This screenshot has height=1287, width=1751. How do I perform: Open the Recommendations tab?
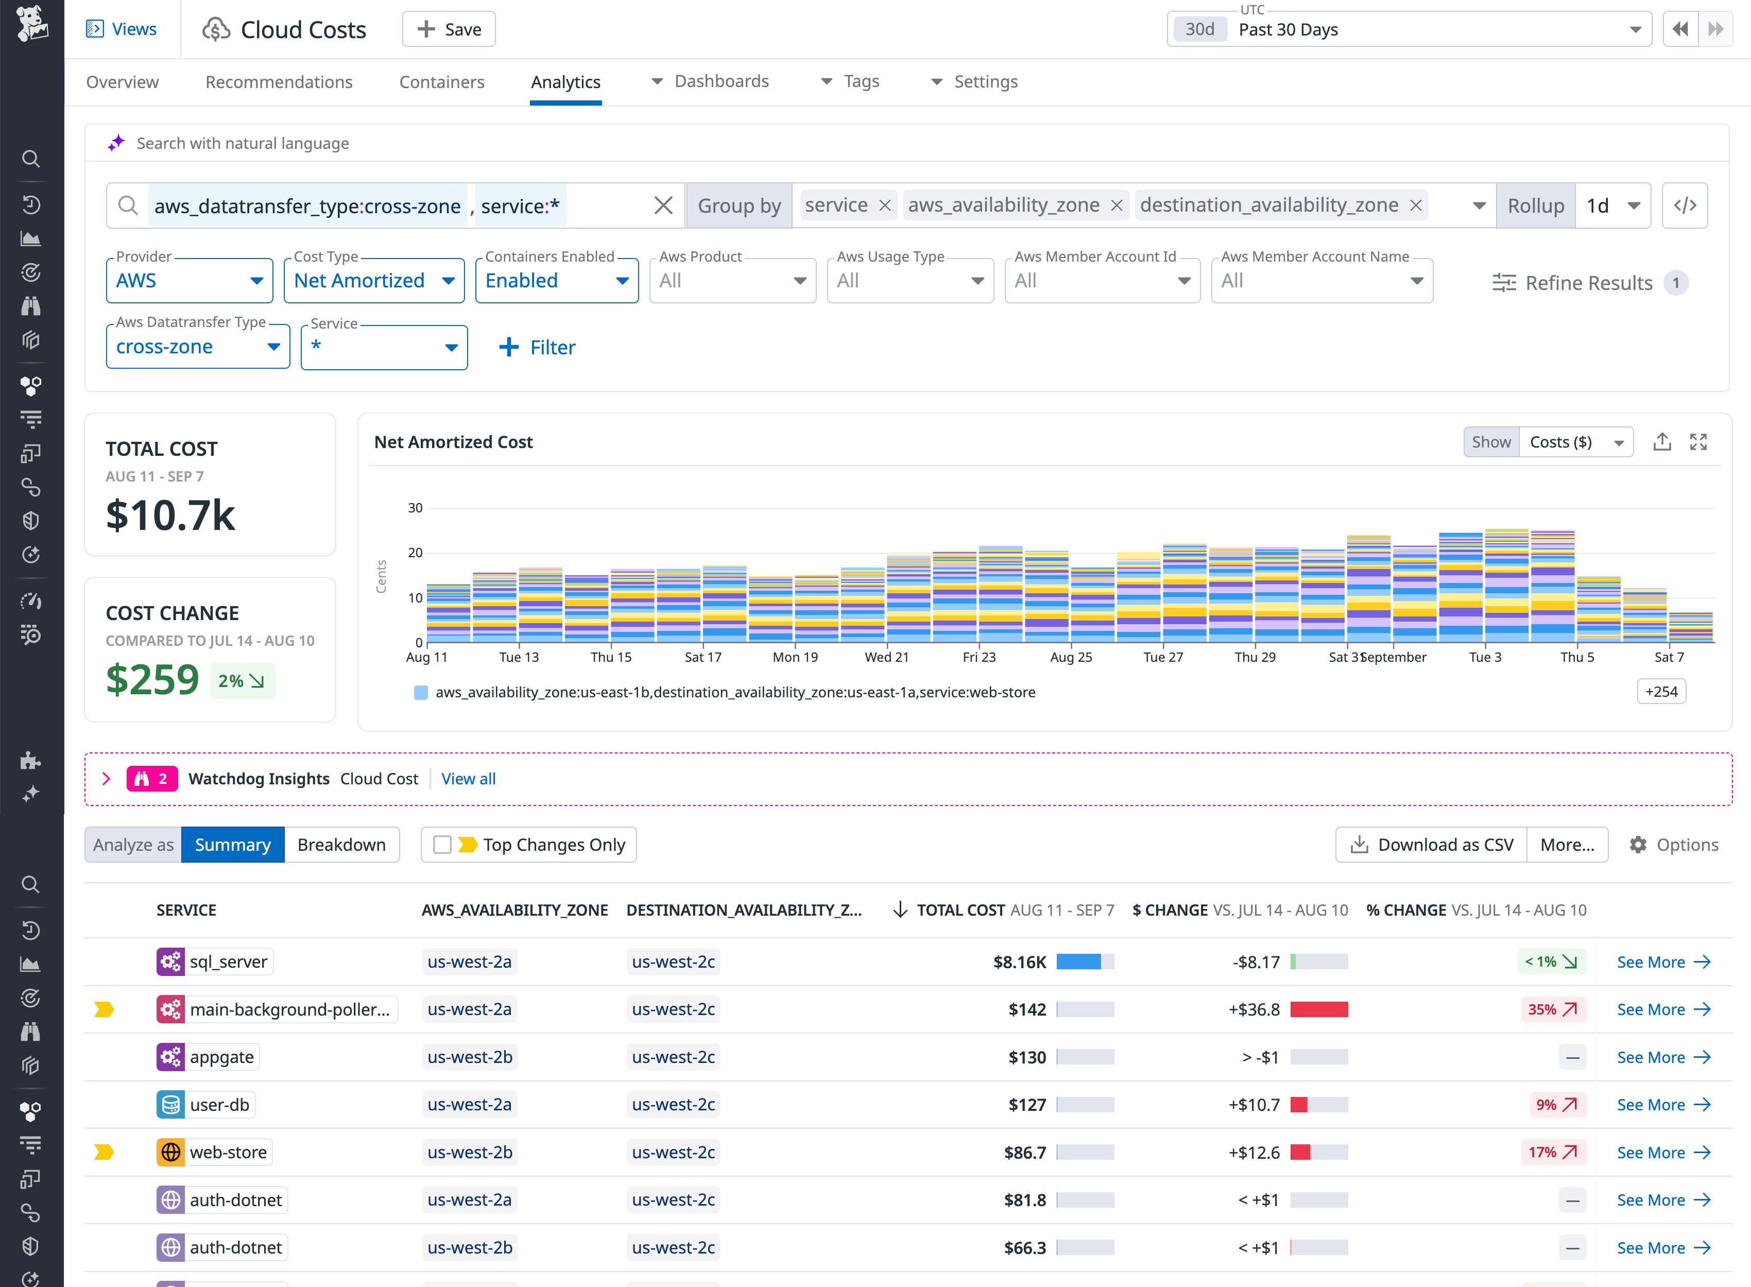coord(279,82)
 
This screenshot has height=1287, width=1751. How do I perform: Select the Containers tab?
coord(442,82)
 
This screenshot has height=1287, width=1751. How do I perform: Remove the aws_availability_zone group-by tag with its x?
coord(1116,205)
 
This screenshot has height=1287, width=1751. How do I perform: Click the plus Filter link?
coord(538,348)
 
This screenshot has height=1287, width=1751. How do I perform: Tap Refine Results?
coord(1588,283)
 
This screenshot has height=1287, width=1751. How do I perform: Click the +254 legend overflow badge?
coord(1661,692)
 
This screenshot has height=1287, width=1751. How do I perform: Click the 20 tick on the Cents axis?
coord(415,553)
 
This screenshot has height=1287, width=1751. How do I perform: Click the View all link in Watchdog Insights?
coord(468,779)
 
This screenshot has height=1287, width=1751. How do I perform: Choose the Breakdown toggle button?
coord(341,845)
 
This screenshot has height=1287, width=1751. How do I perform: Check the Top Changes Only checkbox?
coord(442,845)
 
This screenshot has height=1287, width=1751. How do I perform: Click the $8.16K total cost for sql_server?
coord(1020,962)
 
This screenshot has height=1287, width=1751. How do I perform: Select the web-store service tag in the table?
coord(228,1152)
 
